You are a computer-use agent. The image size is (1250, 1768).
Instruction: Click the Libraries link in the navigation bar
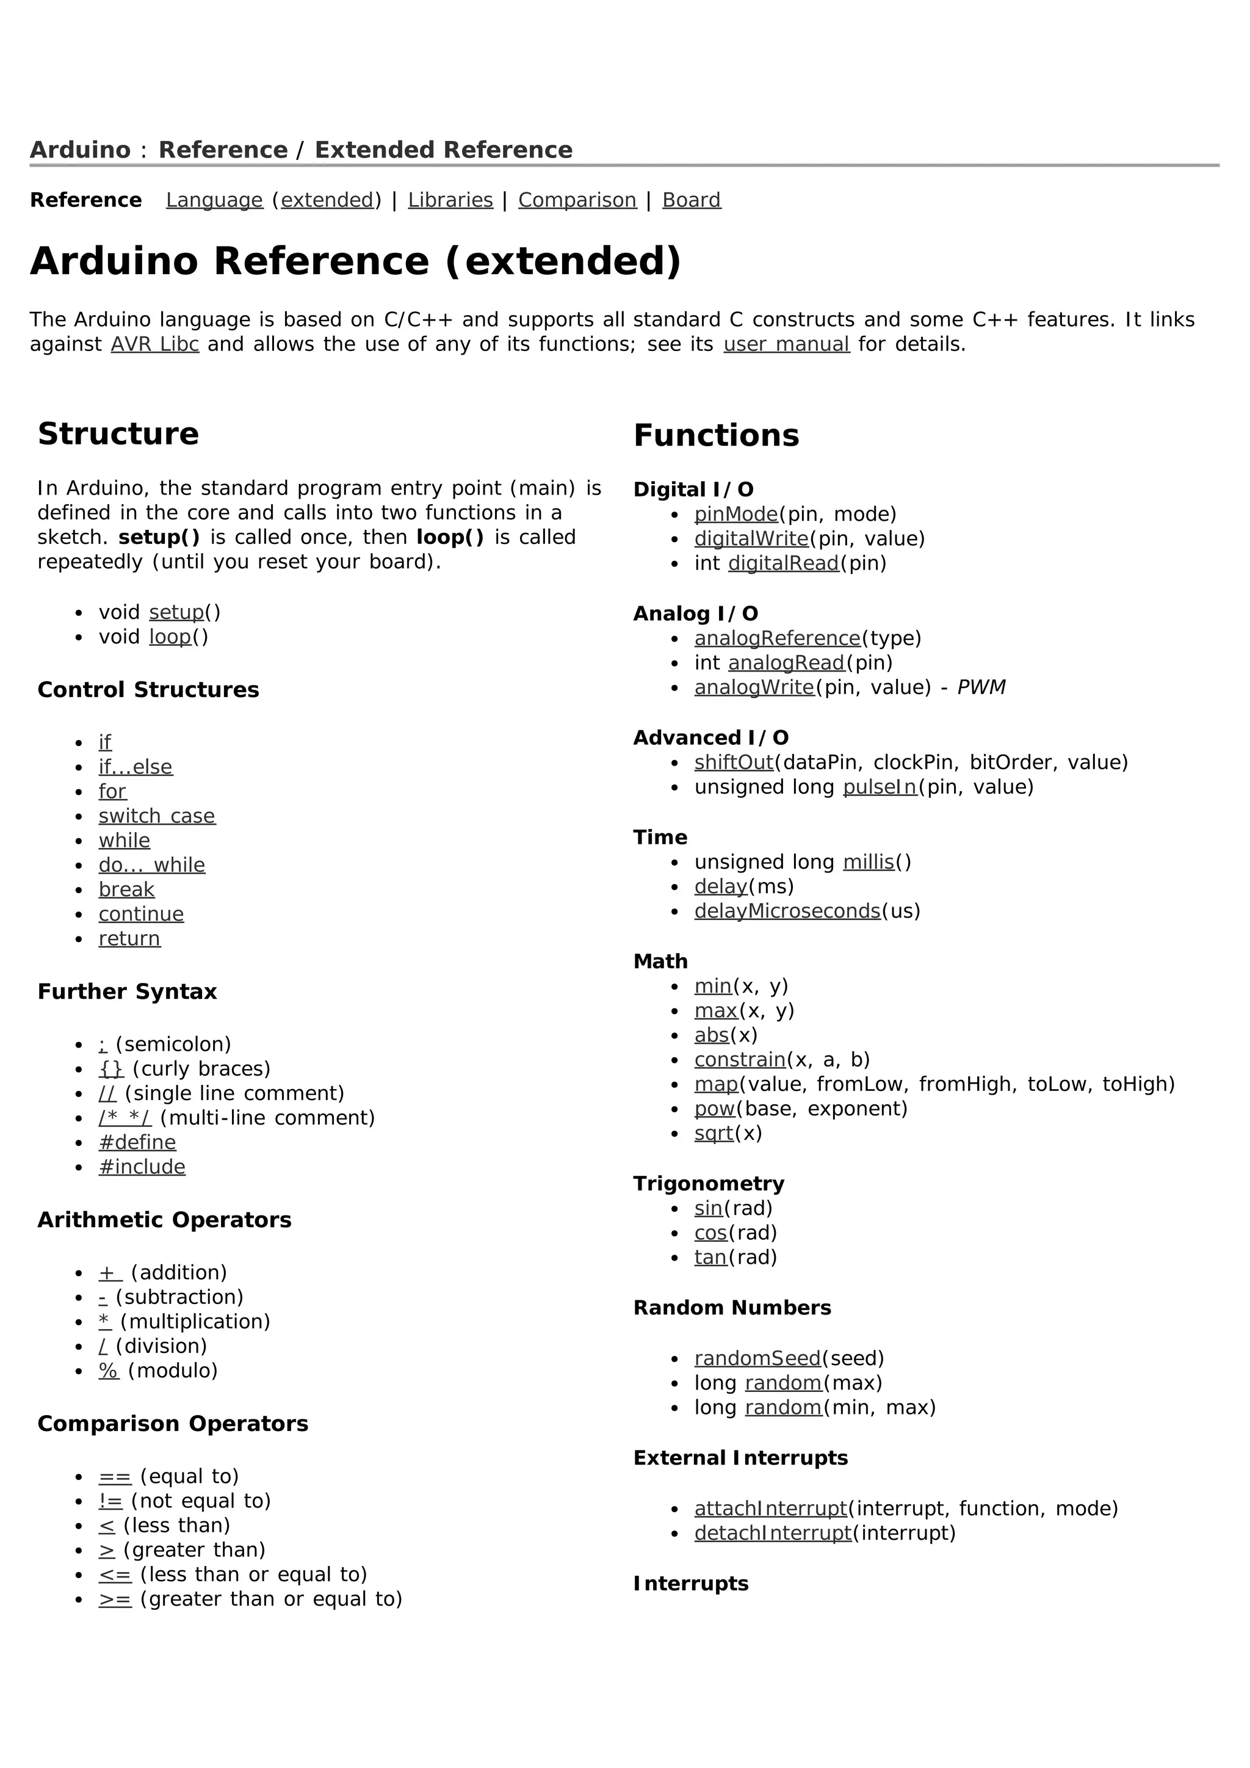pos(450,200)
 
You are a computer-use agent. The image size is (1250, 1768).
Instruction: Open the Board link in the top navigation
pos(691,200)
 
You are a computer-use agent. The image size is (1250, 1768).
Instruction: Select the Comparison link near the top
pos(577,200)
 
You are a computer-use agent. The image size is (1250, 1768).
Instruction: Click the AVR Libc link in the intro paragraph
pos(154,344)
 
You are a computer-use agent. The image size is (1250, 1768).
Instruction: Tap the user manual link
pos(786,344)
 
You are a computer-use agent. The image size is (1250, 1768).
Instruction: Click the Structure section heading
pos(118,434)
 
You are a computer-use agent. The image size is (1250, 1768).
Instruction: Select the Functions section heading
pos(716,436)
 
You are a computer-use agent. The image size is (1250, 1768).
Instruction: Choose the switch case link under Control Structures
pos(157,816)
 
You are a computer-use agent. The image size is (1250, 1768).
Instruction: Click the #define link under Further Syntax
pos(137,1143)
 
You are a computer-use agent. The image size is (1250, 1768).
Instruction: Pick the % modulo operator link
pos(109,1371)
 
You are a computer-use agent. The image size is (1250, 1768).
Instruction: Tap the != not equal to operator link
pos(110,1501)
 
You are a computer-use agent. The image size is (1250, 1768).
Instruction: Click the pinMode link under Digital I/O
pos(736,515)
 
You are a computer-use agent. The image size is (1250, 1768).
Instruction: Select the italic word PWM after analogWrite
pos(981,687)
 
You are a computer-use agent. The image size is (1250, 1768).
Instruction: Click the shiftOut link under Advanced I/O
pos(734,763)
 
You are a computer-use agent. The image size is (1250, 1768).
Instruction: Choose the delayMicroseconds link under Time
pos(787,911)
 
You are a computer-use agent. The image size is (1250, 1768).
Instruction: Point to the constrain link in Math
pos(740,1060)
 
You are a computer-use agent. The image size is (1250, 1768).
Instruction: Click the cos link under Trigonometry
pos(710,1233)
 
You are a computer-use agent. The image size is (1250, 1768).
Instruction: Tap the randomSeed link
pos(757,1358)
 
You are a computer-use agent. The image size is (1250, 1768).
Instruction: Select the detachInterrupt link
pos(773,1532)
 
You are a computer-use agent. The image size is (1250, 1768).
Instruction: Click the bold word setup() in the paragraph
pos(159,537)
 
